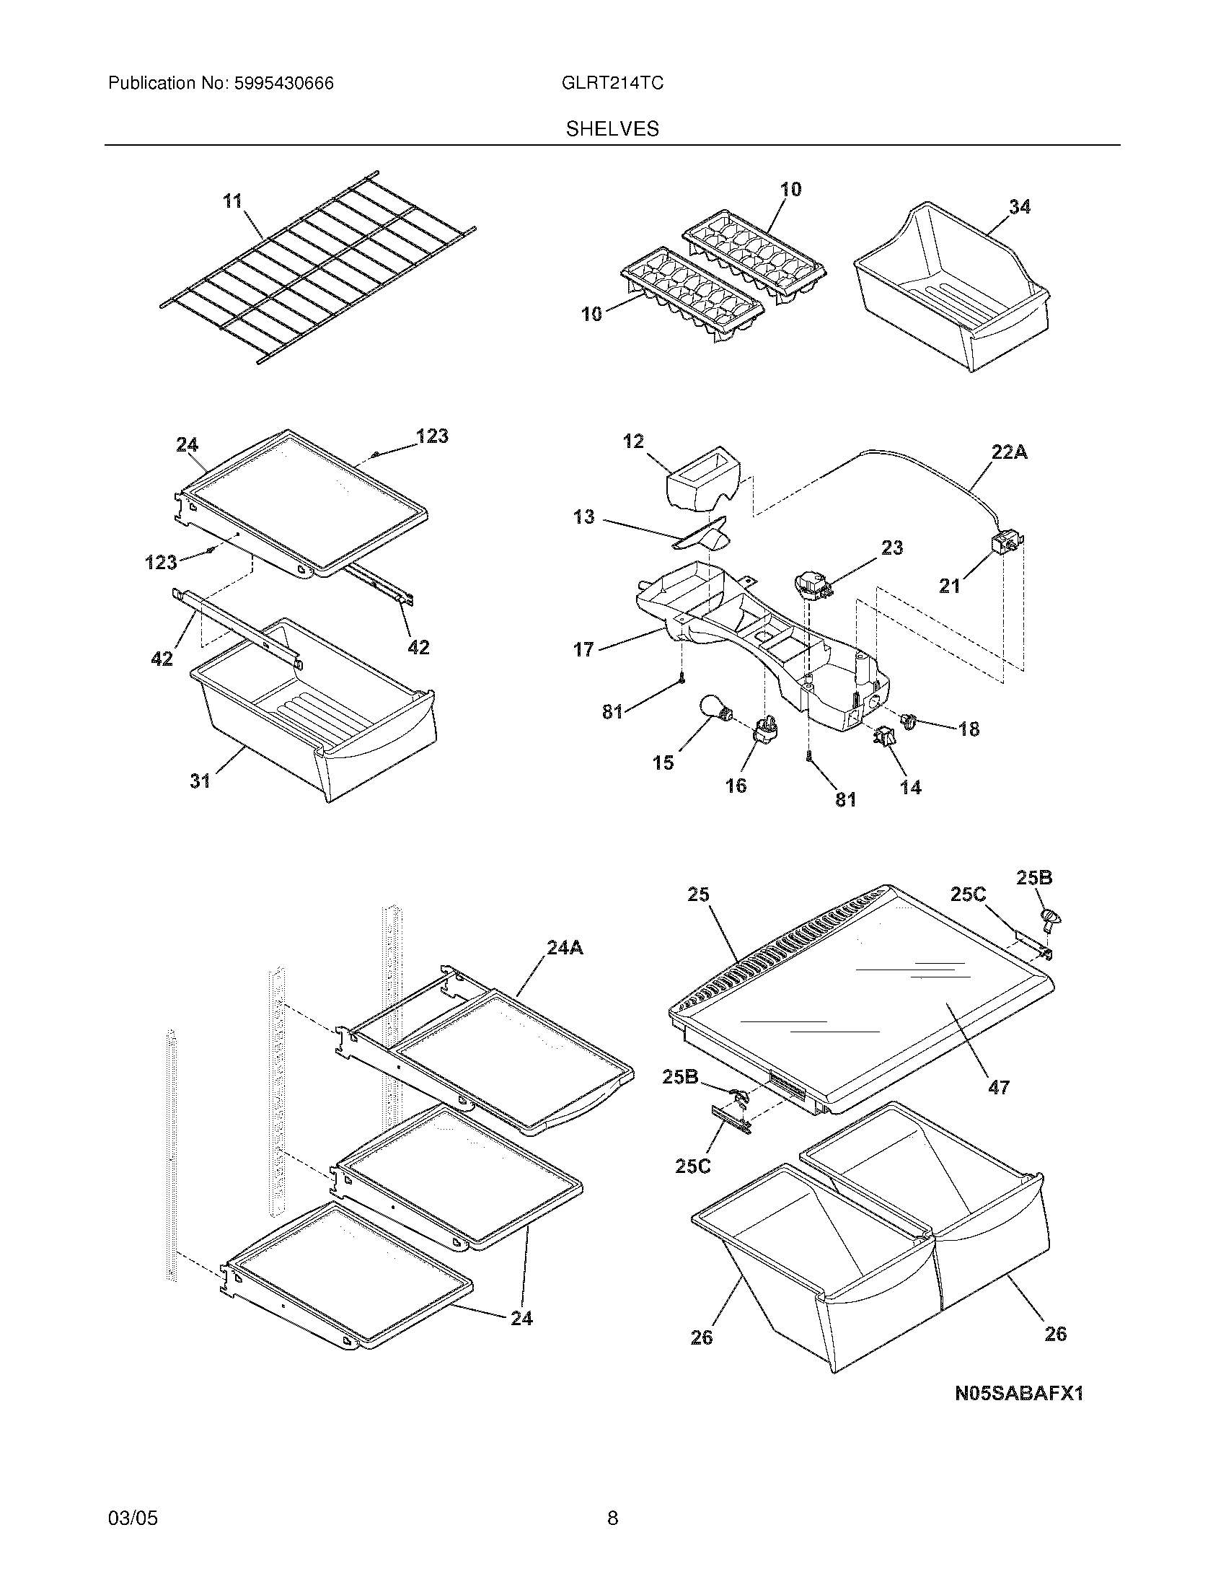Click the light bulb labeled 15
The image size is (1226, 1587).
(714, 708)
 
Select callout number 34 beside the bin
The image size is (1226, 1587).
(1020, 207)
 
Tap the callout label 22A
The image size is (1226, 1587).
(1010, 453)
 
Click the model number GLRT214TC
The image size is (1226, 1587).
(612, 84)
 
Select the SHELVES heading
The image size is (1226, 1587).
(612, 129)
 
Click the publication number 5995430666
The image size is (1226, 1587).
(283, 84)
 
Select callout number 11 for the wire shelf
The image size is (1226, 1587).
(232, 201)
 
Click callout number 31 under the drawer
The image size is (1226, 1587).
(200, 781)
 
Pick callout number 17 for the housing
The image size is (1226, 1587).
(583, 649)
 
